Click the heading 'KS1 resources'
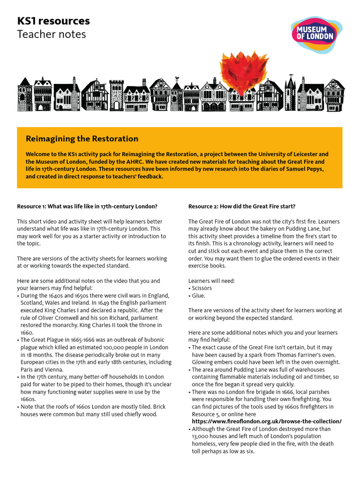coord(53,21)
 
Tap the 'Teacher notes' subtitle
coord(51,34)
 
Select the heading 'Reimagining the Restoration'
coord(82,139)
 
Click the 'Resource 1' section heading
coord(87,206)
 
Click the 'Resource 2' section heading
coord(242,206)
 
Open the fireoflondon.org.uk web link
coord(265,421)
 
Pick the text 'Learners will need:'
coord(211,280)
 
